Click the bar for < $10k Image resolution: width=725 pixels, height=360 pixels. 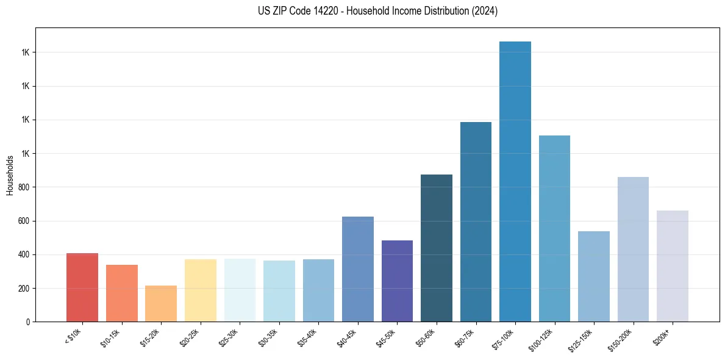(x=82, y=287)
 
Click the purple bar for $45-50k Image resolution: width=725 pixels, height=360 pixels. (x=397, y=281)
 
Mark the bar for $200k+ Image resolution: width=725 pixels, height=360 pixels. (x=673, y=266)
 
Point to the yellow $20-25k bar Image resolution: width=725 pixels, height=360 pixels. (x=201, y=290)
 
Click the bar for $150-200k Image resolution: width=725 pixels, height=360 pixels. (x=633, y=250)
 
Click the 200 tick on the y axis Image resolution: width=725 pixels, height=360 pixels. (x=24, y=288)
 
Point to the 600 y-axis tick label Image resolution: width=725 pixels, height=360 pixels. (x=24, y=221)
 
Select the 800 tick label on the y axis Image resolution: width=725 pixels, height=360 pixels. (x=24, y=187)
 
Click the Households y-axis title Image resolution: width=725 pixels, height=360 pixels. (x=10, y=175)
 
